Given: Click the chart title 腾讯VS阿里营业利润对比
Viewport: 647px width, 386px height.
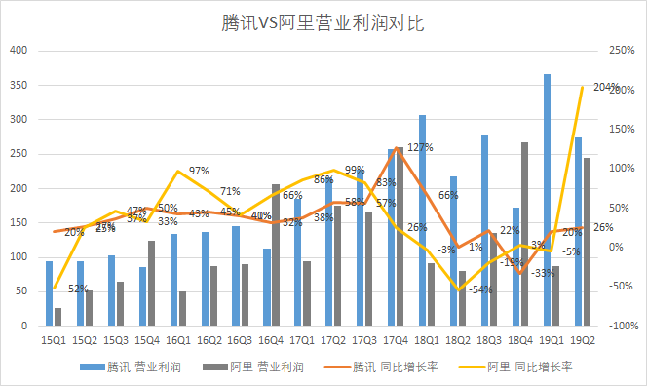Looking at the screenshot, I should point(323,20).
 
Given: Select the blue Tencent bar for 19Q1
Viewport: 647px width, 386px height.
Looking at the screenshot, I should point(547,200).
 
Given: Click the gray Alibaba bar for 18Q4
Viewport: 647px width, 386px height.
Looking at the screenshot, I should point(525,234).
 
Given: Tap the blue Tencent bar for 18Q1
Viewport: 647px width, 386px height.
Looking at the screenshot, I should point(422,220).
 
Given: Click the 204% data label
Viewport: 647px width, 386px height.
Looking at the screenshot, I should point(606,88).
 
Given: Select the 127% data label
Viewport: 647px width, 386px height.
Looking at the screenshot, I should point(420,148).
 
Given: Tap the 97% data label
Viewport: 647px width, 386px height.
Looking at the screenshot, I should point(199,171).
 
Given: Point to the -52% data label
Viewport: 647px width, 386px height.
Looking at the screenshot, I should point(78,289).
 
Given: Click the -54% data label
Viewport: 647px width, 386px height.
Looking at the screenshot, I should point(478,289).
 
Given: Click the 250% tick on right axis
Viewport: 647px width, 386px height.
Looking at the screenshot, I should point(622,51).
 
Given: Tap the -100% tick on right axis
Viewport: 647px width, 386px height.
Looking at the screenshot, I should point(624,326).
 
